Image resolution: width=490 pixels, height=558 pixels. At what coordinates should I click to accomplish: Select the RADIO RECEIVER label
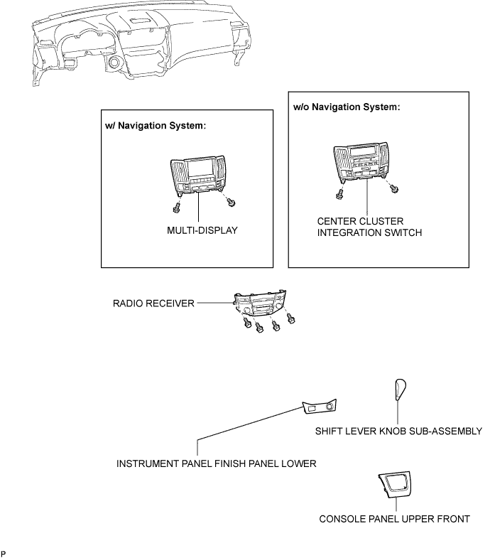pyautogui.click(x=153, y=304)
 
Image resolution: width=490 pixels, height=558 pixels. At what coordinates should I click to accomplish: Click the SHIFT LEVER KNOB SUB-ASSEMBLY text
pyautogui.click(x=398, y=431)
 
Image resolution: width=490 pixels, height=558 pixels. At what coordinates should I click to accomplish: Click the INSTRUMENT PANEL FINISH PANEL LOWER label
pyautogui.click(x=217, y=463)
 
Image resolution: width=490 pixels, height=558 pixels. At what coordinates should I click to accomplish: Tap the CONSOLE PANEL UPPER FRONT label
pyautogui.click(x=394, y=519)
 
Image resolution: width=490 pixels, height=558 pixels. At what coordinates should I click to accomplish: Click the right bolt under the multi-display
pyautogui.click(x=231, y=203)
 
